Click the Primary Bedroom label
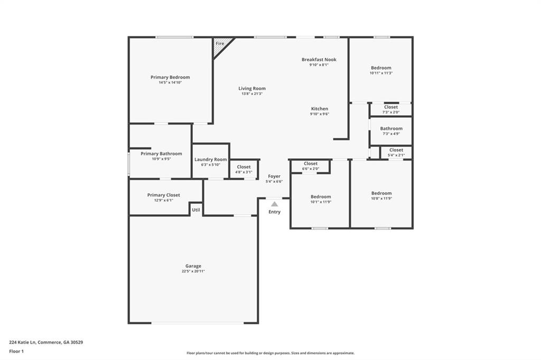(x=170, y=77)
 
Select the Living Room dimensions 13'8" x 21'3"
(x=252, y=94)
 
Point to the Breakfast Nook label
(x=319, y=60)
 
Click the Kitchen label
(x=319, y=109)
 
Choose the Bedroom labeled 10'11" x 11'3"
(x=381, y=70)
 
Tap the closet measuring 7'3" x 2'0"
(x=391, y=109)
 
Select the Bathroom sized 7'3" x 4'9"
(x=391, y=131)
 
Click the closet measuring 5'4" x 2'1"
(x=396, y=153)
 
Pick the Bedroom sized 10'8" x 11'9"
(x=381, y=196)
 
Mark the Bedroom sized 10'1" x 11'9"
(x=321, y=199)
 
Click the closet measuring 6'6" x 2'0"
(x=311, y=166)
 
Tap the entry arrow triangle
(x=274, y=204)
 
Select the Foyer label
(x=274, y=176)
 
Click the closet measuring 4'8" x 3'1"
(x=244, y=169)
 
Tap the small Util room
(x=196, y=210)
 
